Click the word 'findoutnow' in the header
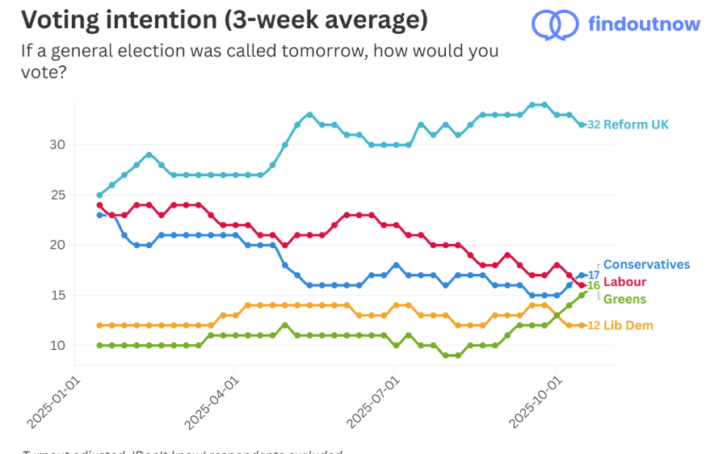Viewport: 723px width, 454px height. pos(645,24)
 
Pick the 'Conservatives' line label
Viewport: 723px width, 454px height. pos(646,264)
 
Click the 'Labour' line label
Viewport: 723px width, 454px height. pos(626,282)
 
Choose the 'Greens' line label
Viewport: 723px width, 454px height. pos(624,300)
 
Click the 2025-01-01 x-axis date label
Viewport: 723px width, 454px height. pos(53,401)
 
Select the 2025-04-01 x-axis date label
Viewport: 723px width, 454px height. pos(212,401)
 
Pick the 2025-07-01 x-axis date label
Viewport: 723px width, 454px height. pos(373,401)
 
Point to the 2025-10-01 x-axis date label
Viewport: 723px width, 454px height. pos(535,401)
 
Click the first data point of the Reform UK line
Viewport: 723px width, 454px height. pos(99,195)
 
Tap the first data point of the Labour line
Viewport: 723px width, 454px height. pos(99,205)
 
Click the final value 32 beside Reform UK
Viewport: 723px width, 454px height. pos(594,124)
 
